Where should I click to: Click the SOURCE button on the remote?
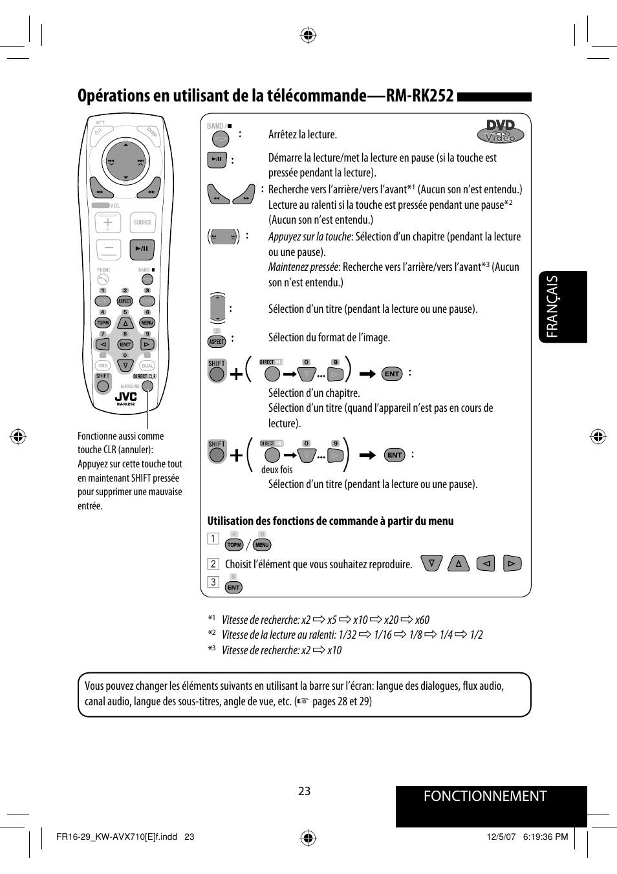[x=142, y=222]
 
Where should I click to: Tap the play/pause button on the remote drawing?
[x=142, y=248]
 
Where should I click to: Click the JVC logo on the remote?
[x=126, y=396]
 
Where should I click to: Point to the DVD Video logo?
[x=501, y=131]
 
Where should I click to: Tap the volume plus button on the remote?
[x=108, y=222]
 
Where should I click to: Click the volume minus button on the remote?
[x=108, y=248]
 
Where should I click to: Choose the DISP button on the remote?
[x=152, y=133]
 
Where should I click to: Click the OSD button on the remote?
[x=103, y=366]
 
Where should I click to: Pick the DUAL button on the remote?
[x=147, y=366]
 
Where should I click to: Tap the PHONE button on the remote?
[x=103, y=280]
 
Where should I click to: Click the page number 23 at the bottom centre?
[x=305, y=791]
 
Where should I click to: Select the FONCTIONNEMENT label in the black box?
[x=485, y=796]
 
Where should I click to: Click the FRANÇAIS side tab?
[x=552, y=306]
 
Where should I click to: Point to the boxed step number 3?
[x=213, y=582]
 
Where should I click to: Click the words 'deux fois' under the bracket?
[x=277, y=470]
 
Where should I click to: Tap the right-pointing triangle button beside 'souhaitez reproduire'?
[x=512, y=564]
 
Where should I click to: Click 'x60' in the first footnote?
[x=422, y=620]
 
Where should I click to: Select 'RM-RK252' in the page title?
[x=420, y=96]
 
